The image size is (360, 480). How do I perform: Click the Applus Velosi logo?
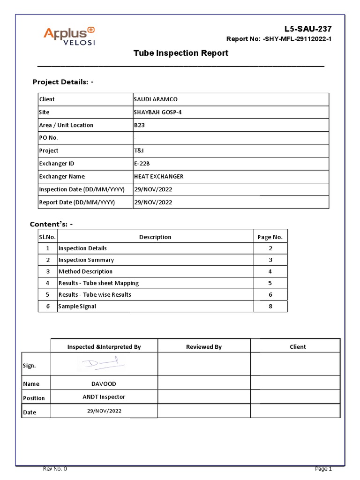point(69,36)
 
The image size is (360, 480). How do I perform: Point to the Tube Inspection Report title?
point(180,53)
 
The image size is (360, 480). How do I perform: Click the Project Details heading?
point(63,82)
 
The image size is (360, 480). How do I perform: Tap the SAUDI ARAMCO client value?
point(156,99)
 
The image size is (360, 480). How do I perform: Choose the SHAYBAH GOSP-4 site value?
point(157,112)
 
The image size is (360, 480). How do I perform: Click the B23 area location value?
point(140,125)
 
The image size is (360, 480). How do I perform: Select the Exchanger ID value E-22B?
point(142,164)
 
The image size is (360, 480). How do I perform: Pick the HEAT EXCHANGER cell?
point(158,177)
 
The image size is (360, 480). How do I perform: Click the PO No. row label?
point(49,138)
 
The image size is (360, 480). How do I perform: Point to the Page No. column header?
point(270,237)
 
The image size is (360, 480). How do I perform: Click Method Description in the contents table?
point(85,271)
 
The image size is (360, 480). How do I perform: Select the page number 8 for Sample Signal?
point(270,306)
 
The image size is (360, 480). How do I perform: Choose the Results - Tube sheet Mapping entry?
point(98,283)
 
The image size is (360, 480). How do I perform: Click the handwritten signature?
point(104,363)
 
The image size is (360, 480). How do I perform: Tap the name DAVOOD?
point(104,384)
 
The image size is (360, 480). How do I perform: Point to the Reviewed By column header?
point(204,347)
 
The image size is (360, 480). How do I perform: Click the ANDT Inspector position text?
point(104,397)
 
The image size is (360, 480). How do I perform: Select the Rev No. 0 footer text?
point(55,469)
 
